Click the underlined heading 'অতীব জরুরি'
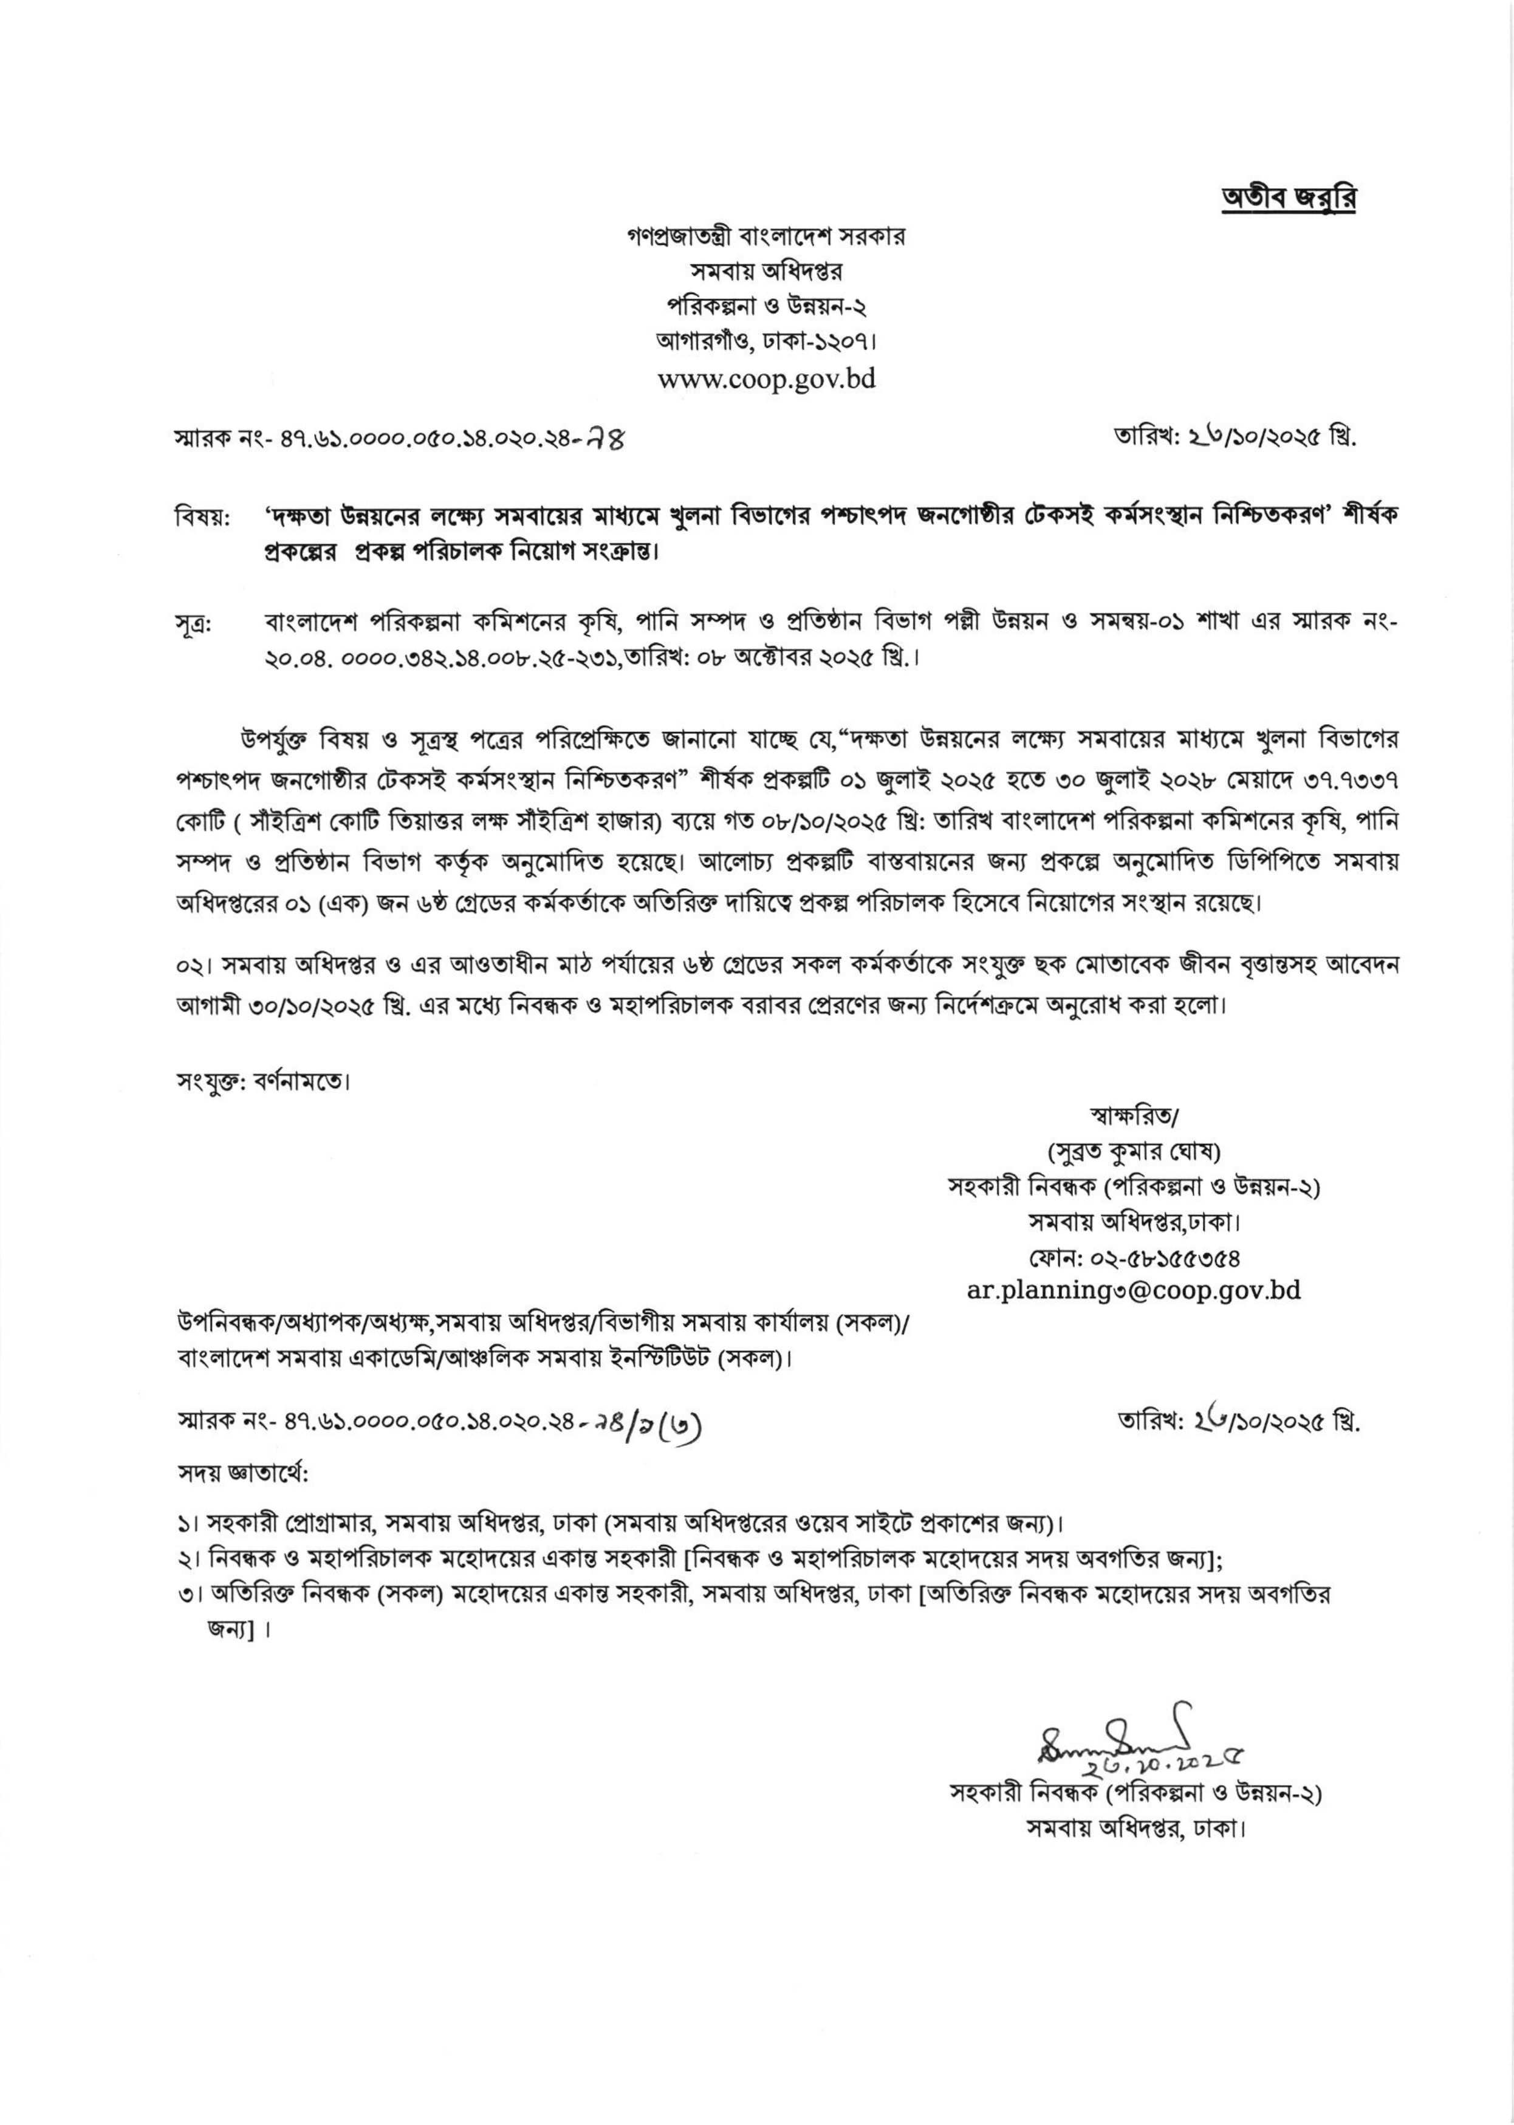click(x=1289, y=200)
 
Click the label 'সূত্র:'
click(x=194, y=623)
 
